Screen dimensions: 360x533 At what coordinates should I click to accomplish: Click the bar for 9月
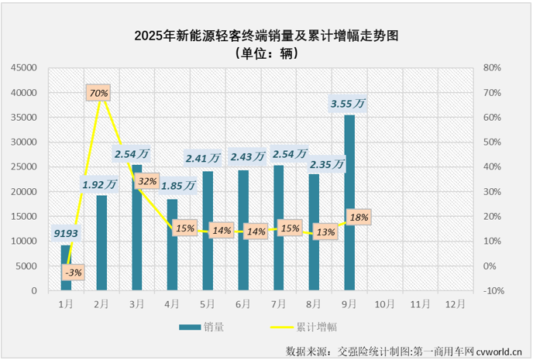(x=349, y=203)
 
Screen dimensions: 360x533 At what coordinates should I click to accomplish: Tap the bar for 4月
(x=172, y=245)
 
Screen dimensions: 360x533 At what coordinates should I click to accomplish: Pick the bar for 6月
(x=243, y=231)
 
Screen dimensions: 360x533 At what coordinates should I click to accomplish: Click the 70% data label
(x=98, y=93)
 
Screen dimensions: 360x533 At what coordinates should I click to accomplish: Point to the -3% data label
(x=74, y=273)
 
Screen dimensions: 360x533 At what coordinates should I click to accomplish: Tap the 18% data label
(x=359, y=217)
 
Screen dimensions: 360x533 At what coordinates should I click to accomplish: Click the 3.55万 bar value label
(x=348, y=103)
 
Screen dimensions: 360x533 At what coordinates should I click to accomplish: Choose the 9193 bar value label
(x=66, y=231)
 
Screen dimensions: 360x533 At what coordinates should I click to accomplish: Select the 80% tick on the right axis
(x=493, y=68)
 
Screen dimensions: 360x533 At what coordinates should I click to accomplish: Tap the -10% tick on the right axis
(x=493, y=291)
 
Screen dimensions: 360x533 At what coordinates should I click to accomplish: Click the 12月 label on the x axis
(x=456, y=303)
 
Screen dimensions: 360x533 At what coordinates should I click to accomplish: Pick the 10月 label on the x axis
(x=385, y=303)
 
